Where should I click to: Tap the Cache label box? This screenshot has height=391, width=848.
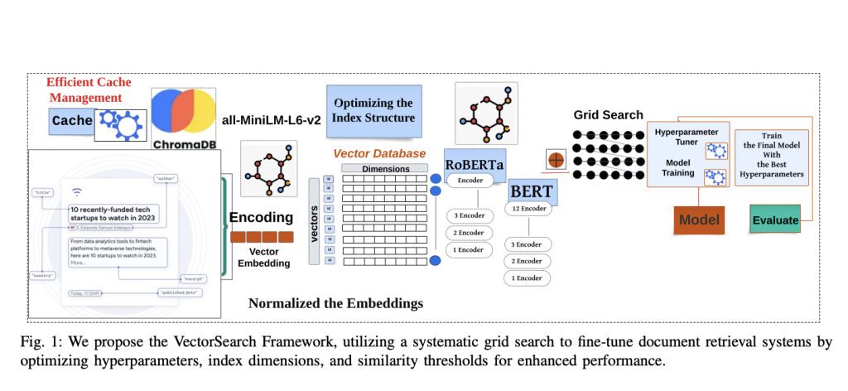click(x=72, y=121)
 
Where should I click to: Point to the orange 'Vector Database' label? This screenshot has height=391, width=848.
click(x=379, y=153)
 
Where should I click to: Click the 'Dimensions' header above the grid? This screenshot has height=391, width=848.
click(x=386, y=168)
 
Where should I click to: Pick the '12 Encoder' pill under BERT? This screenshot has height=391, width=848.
click(x=528, y=209)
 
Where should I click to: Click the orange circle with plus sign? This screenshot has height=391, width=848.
click(x=554, y=159)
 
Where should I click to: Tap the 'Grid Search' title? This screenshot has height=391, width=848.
click(x=608, y=115)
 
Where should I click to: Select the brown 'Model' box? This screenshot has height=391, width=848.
click(x=699, y=220)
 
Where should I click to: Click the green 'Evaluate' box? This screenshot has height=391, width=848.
click(x=775, y=220)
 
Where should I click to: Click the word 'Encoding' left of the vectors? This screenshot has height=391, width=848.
click(x=261, y=218)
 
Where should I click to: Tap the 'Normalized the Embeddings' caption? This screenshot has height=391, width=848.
click(x=335, y=303)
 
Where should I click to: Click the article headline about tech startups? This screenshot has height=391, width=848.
click(x=113, y=214)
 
